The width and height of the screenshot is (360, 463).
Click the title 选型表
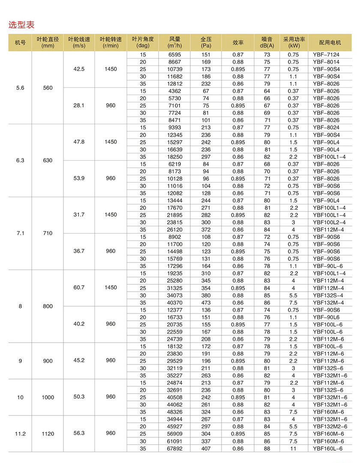[x=21, y=24]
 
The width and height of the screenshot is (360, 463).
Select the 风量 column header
[x=174, y=42]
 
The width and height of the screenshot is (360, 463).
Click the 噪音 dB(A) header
[x=267, y=42]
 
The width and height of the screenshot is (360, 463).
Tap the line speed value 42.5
[x=79, y=69]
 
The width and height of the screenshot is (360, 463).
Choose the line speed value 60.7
[x=79, y=287]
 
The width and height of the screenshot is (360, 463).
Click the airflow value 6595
[x=175, y=55]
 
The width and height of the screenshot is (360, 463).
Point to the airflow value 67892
[x=175, y=448]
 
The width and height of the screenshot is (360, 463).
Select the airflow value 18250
[x=175, y=157]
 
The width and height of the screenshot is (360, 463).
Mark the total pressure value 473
[x=206, y=302]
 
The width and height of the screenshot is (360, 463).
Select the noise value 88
[x=267, y=448]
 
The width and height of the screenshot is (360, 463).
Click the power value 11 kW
[x=294, y=448]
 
